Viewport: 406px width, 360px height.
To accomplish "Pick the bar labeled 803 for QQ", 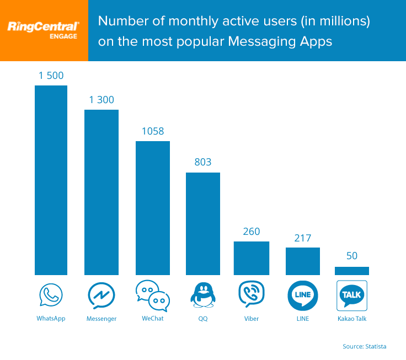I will pyautogui.click(x=203, y=223).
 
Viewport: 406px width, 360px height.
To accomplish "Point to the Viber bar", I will pyautogui.click(x=252, y=258).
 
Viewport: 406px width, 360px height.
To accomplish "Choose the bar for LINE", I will pyautogui.click(x=303, y=261).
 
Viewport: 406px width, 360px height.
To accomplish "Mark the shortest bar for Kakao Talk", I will pyautogui.click(x=352, y=271).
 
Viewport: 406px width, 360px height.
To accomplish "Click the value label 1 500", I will pyautogui.click(x=51, y=76).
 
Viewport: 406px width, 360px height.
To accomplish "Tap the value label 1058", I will pyautogui.click(x=152, y=131).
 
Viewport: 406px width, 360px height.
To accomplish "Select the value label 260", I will pyautogui.click(x=252, y=232).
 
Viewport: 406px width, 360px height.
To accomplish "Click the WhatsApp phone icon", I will pyautogui.click(x=51, y=295).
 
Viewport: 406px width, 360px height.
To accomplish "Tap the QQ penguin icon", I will pyautogui.click(x=203, y=295).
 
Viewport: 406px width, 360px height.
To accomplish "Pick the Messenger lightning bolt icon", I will pyautogui.click(x=101, y=295).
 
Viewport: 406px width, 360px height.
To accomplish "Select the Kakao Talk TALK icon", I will pyautogui.click(x=352, y=295).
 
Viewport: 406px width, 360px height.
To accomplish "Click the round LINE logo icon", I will pyautogui.click(x=303, y=295).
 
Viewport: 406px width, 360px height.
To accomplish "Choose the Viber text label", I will pyautogui.click(x=252, y=319).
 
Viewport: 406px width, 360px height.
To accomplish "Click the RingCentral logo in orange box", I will pyautogui.click(x=44, y=30).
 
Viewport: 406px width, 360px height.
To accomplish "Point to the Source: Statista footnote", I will pyautogui.click(x=364, y=346).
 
